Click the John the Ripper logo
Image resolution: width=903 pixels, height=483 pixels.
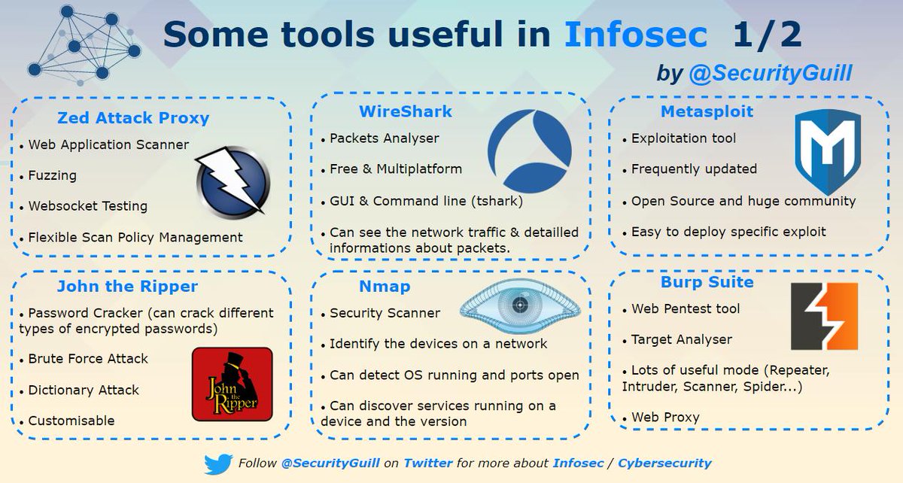point(231,384)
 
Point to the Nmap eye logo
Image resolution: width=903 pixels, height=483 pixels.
point(516,305)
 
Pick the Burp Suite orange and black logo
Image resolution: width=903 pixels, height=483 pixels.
point(824,316)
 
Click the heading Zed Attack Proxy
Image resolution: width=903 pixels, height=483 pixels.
point(133,117)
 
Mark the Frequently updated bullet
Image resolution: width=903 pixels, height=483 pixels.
point(694,169)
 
